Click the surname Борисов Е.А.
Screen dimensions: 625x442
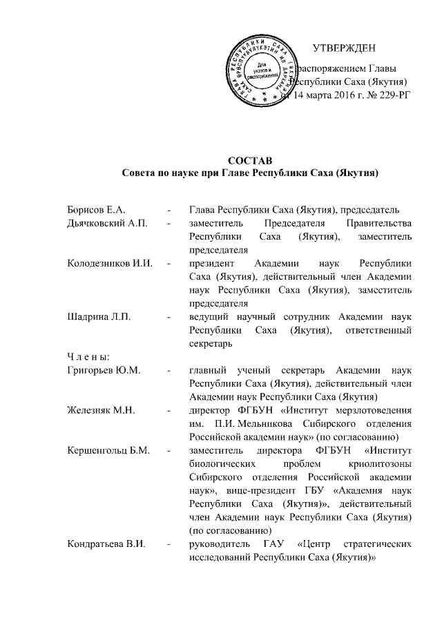95,209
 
